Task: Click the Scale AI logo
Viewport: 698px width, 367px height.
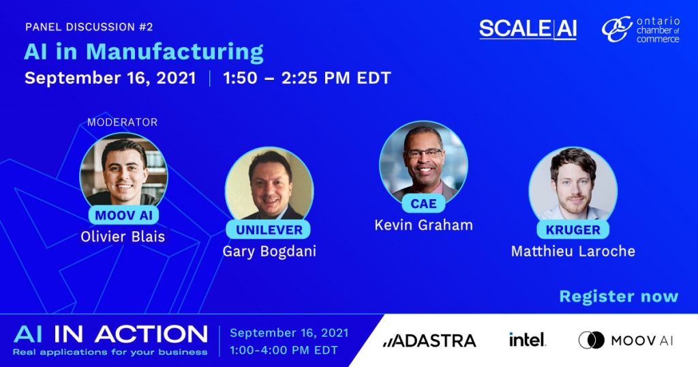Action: (528, 29)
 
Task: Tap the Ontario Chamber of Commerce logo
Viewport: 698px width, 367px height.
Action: (641, 30)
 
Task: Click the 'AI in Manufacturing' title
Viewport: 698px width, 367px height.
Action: (143, 53)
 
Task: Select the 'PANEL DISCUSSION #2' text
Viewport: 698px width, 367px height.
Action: (89, 27)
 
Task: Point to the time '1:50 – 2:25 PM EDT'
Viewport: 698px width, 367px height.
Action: (307, 78)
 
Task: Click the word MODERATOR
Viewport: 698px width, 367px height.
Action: (123, 122)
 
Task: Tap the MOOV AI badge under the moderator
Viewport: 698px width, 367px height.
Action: (124, 215)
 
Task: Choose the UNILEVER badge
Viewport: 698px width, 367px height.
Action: (269, 230)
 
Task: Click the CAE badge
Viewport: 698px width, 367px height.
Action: (423, 203)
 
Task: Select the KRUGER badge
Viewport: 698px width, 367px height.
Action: (573, 230)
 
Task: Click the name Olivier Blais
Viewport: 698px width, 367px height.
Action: (123, 237)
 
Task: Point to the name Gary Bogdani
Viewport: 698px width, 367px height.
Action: (269, 252)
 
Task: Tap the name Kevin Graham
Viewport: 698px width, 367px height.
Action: (423, 225)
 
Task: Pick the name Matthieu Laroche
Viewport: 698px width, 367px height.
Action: (573, 251)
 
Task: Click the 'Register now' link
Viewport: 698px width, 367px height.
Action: (619, 297)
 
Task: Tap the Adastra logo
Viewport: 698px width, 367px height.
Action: (429, 340)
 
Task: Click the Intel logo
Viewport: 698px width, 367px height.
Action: (527, 340)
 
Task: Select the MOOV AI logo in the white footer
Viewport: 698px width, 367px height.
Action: (626, 340)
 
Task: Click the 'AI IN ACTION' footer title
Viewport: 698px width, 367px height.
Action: (110, 334)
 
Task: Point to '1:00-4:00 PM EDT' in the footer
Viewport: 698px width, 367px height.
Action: (284, 351)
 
